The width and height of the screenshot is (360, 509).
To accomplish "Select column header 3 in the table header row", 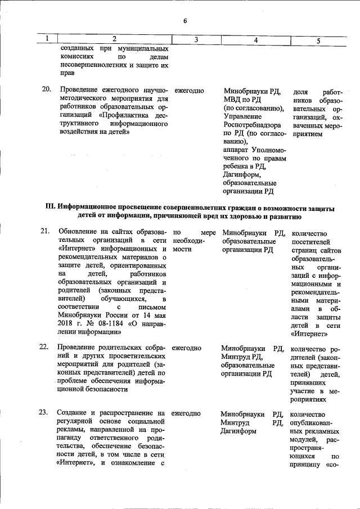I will coord(196,40).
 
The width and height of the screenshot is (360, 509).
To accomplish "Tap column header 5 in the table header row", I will coord(318,40).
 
